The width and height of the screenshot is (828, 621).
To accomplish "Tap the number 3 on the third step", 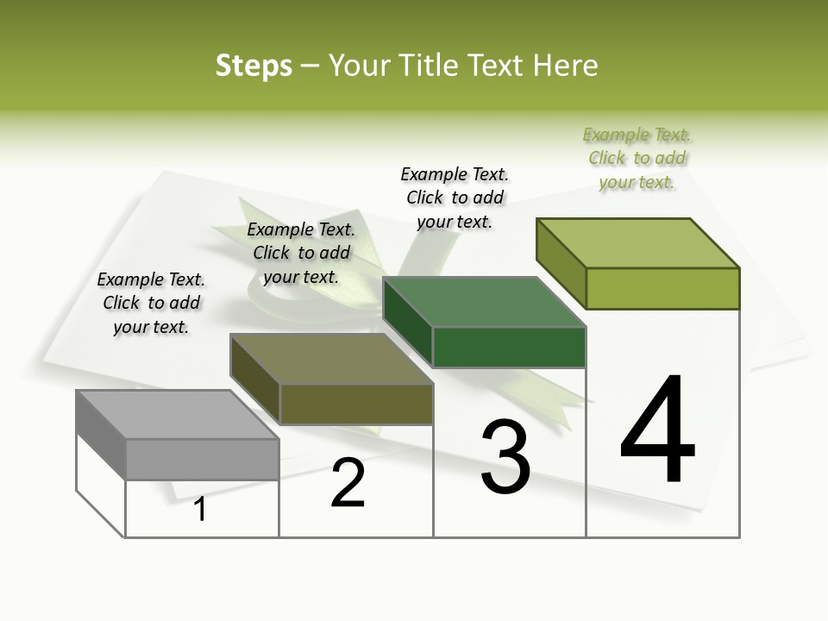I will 505,457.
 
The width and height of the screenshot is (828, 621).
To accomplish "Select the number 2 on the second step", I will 348,484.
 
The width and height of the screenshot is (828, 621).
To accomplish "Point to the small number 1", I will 200,509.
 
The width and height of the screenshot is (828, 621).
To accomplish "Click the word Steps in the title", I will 254,66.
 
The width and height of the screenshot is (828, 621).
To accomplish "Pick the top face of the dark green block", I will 483,303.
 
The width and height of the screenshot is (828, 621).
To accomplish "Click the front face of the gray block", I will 202,459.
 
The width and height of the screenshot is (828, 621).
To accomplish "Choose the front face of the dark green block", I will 509,348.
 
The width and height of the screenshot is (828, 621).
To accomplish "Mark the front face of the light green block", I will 662,288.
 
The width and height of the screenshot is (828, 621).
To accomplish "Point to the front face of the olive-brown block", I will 355,404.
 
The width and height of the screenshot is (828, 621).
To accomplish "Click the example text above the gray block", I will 151,303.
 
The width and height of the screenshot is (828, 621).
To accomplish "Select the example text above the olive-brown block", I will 301,253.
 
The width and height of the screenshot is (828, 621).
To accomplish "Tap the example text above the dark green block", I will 455,198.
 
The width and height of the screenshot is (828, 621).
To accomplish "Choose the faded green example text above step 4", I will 637,158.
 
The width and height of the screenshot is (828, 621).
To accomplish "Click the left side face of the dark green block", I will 407,322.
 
